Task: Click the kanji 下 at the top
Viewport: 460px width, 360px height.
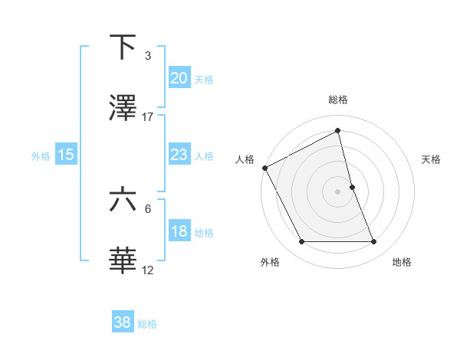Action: click(x=123, y=47)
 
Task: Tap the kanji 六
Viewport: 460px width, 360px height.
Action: click(x=123, y=200)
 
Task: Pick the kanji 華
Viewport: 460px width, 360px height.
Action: click(x=123, y=261)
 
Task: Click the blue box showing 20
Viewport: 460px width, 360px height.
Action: click(x=179, y=78)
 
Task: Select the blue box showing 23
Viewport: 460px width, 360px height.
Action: click(x=179, y=155)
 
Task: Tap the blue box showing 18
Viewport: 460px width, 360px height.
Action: click(x=179, y=231)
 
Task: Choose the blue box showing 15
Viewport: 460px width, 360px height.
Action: click(x=66, y=155)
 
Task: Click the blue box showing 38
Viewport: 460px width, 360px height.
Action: click(x=123, y=323)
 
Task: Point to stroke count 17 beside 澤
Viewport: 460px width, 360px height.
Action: click(x=148, y=116)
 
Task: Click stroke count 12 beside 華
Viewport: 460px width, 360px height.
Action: click(x=148, y=270)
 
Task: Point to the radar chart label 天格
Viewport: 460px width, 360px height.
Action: click(x=431, y=159)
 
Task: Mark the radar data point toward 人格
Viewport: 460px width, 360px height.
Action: click(x=264, y=168)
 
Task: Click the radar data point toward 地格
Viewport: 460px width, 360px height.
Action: click(x=374, y=242)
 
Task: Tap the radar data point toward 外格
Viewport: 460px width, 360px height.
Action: click(x=301, y=242)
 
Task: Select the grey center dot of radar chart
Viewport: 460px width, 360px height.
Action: click(x=338, y=191)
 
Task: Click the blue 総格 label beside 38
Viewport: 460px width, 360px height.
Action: click(x=147, y=324)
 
